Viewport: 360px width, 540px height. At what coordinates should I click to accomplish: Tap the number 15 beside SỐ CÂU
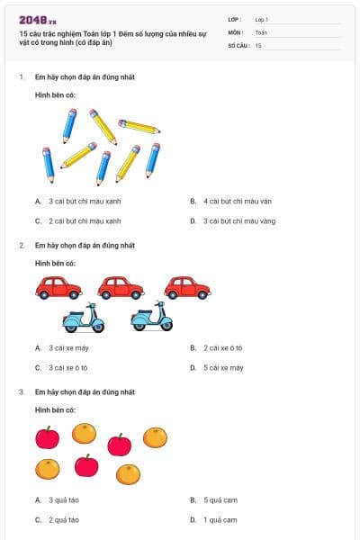(258, 44)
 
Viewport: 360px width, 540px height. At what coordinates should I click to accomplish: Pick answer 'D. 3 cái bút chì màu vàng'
(238, 220)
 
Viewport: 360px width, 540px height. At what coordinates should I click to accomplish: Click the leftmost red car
(58, 287)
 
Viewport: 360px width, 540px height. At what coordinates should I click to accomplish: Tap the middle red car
(121, 287)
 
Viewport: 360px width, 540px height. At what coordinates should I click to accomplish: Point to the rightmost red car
(187, 287)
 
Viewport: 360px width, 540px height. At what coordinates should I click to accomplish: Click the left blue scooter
(84, 317)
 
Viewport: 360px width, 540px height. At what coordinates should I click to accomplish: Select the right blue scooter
(151, 317)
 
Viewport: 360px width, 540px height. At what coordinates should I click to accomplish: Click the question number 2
(21, 245)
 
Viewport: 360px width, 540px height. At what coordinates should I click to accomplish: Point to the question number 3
(21, 392)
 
